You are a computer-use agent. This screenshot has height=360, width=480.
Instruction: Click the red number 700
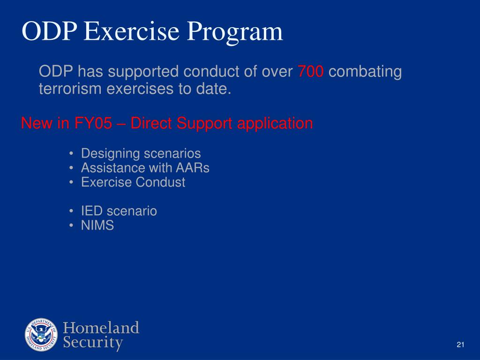(310, 72)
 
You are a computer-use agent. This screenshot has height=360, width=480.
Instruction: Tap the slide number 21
(460, 345)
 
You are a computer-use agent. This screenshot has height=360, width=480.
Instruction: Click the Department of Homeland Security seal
(41, 335)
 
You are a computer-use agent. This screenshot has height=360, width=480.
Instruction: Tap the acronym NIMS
(97, 225)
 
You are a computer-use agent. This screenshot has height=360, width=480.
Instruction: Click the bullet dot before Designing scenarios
(70, 154)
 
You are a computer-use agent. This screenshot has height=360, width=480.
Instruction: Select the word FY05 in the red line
(93, 124)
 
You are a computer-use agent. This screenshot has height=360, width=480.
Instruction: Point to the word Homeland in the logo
(101, 328)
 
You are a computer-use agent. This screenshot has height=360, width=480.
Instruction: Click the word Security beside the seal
(93, 343)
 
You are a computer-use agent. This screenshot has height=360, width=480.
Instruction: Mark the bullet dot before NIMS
(70, 226)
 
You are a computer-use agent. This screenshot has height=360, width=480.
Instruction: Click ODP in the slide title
(47, 32)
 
